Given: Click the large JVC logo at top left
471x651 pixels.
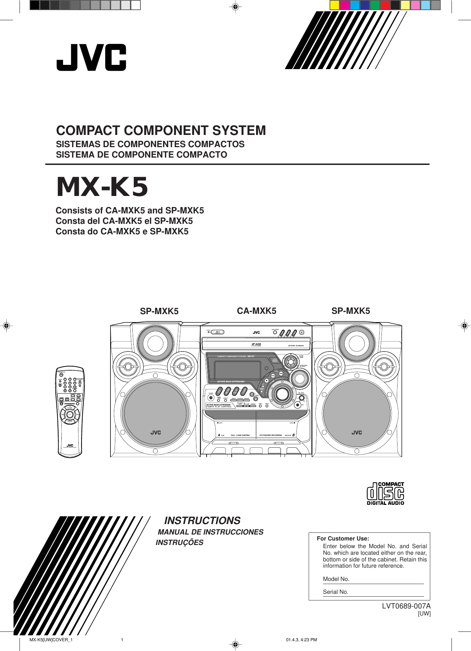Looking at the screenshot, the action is click(x=91, y=58).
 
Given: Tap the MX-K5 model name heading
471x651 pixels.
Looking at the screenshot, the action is click(x=102, y=187).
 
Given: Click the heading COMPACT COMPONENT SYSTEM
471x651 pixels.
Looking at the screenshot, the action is click(x=161, y=130).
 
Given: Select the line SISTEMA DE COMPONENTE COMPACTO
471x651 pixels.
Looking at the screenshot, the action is click(x=141, y=155).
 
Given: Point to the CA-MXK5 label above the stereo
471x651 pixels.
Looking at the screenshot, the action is click(x=256, y=311).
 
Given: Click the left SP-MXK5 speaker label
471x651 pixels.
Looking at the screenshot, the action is click(x=159, y=311).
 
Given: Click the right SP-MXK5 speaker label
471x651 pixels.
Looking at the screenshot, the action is click(x=350, y=311).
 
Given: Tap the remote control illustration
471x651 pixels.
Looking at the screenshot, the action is click(x=70, y=411).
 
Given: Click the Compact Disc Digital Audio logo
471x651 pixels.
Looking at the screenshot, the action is click(x=385, y=493).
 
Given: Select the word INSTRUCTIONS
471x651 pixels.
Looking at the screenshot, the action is click(x=202, y=521).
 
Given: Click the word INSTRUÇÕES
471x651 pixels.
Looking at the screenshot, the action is click(x=179, y=543).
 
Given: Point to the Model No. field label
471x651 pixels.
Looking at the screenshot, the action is click(x=336, y=579).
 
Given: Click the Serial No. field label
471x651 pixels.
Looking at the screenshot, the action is click(x=335, y=592).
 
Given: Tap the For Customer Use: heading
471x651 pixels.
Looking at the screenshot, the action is click(x=343, y=538).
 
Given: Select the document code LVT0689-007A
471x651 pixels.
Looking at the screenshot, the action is click(x=406, y=606).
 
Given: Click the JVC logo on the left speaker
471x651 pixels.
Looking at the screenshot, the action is click(x=156, y=432).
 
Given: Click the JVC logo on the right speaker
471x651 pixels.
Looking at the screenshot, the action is click(x=357, y=432).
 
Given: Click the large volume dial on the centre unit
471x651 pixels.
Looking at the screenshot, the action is click(x=281, y=394).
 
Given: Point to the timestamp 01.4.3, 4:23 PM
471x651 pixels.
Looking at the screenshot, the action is click(x=301, y=640).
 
